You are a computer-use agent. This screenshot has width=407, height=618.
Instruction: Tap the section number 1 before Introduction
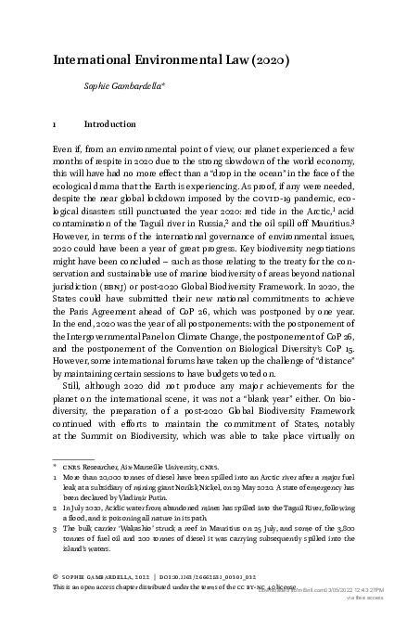pyautogui.click(x=57, y=123)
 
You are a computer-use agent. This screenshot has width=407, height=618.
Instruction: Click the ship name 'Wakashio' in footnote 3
pyautogui.click(x=143, y=568)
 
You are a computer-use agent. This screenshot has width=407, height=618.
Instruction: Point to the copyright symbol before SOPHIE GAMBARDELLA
pyautogui.click(x=57, y=602)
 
